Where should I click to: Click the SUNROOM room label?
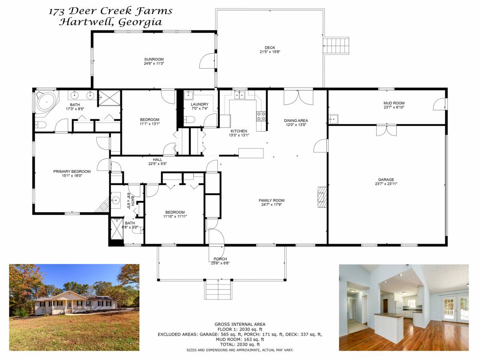pos(154,59)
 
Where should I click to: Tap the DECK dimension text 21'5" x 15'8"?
pos(270,52)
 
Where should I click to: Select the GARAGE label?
pos(386,180)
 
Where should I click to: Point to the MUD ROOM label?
pos(394,103)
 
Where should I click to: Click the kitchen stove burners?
pos(261,116)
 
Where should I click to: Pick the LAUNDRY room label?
pos(200,105)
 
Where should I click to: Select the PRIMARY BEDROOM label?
pos(72,171)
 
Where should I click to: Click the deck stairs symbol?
pos(336,46)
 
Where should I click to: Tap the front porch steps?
pos(218,290)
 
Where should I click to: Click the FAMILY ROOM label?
pos(272,201)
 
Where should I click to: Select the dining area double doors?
pos(298,97)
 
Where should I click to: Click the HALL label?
pos(158,160)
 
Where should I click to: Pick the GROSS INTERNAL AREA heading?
pos(240,324)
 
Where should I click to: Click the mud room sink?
pos(333,118)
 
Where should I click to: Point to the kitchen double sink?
pos(240,95)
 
